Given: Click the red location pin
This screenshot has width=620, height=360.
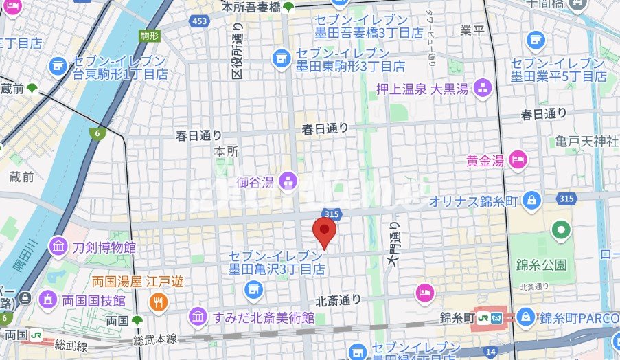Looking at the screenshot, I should tap(324, 232).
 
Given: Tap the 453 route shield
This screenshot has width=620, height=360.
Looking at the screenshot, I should tap(200, 22).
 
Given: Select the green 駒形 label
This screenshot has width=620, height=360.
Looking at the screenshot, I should tap(150, 35).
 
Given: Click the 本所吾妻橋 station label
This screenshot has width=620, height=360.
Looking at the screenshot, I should tap(251, 8).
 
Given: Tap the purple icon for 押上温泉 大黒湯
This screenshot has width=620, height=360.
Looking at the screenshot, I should tap(484, 87).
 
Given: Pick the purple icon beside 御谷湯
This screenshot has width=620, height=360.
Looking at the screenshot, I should tap(287, 181).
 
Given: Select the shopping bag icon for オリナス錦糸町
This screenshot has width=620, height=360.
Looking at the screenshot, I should tap(531, 201).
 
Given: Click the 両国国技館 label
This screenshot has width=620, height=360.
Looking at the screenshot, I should tap(92, 300).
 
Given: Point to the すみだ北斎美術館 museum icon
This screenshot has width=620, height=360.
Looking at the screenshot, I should tap(198, 317).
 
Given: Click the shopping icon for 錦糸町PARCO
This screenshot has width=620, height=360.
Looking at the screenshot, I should tap(526, 317).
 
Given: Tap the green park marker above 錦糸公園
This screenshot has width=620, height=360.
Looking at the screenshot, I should tap(562, 229).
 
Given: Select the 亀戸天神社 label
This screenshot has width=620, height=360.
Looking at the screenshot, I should tap(587, 142).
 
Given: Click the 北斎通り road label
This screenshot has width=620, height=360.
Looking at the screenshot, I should tap(338, 300).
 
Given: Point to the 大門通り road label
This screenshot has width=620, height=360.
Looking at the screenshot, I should tap(393, 244).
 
